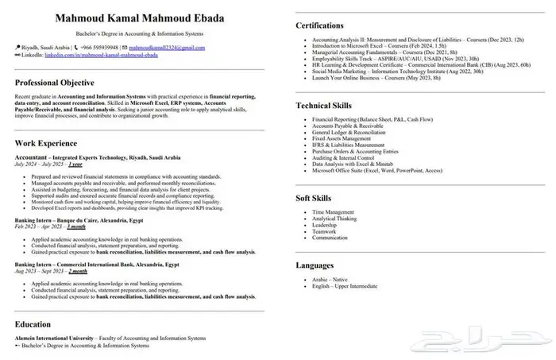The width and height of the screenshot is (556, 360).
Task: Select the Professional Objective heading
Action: (x=54, y=83)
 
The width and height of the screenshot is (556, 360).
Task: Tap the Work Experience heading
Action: (x=46, y=143)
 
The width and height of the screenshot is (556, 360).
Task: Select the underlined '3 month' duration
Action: (x=76, y=227)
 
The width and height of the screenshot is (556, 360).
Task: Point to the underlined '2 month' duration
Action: (x=78, y=271)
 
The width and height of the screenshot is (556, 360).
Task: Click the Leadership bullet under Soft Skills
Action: (x=326, y=225)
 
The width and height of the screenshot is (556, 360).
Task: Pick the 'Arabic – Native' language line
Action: (x=330, y=280)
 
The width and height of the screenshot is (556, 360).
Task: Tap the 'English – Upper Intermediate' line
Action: (x=345, y=286)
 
